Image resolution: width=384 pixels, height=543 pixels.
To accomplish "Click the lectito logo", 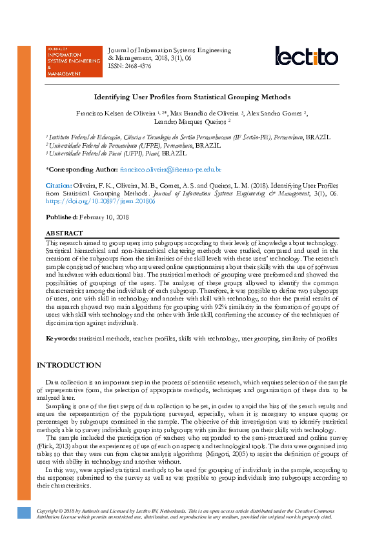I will tap(306, 56).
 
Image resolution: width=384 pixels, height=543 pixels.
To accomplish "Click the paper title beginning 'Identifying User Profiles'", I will tap(192, 97).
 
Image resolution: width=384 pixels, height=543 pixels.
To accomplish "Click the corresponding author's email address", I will tap(171, 169).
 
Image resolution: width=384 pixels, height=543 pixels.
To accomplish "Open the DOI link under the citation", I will tap(100, 201).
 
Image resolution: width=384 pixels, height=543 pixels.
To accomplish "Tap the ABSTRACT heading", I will tap(64, 233).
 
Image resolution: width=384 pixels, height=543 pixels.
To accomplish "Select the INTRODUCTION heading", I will tap(68, 365).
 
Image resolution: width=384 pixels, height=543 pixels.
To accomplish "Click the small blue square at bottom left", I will tap(24, 513).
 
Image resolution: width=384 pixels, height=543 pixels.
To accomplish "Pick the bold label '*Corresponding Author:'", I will tap(82, 169).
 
